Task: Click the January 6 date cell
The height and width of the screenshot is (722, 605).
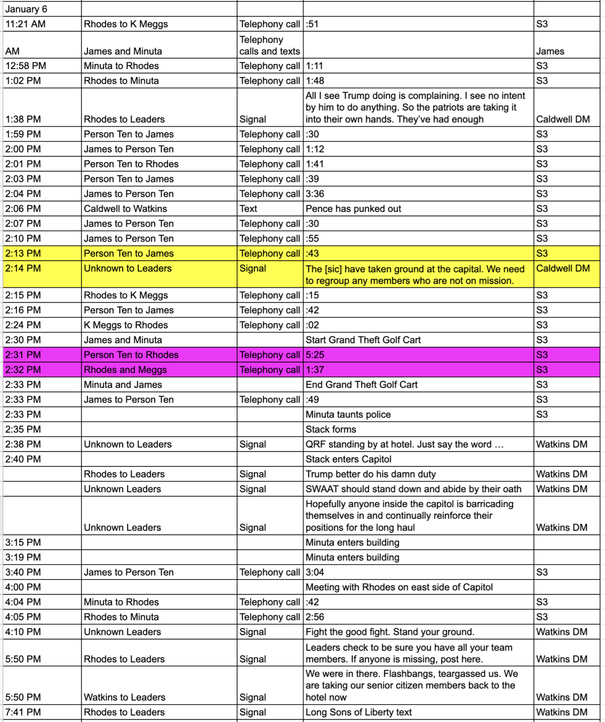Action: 26,9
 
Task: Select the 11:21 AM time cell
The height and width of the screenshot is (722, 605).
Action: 25,24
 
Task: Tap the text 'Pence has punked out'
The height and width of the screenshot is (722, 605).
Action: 353,209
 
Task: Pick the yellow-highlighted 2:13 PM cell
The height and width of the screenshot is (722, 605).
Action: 23,253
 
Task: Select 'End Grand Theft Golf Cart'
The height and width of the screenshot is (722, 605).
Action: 361,385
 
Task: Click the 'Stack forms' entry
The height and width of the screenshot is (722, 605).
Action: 330,429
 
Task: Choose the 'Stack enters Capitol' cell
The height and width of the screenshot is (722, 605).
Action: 348,459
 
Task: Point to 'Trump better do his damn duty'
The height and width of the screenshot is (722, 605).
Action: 370,474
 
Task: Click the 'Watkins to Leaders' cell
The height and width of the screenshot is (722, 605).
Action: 125,697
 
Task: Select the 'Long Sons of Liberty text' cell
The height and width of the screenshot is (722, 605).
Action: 358,712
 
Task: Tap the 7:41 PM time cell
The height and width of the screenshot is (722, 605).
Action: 23,712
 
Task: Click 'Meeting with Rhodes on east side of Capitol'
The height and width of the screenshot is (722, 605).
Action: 399,587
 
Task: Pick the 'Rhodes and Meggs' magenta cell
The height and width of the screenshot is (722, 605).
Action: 125,370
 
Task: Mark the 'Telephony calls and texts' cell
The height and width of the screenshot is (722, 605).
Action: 269,46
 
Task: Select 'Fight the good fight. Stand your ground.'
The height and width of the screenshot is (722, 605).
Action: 390,632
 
